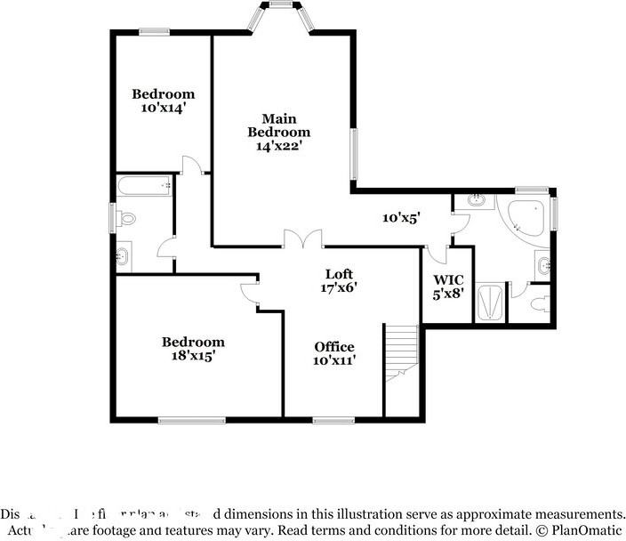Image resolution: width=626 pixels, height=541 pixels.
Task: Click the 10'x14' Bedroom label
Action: pos(163,101)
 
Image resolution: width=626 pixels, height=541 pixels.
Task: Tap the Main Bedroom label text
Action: pos(279,133)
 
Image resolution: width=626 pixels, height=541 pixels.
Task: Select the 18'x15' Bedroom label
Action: pos(192,348)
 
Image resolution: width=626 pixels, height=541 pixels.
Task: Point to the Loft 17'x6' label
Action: pos(339,280)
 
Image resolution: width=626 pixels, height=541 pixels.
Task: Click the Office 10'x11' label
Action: pos(334,353)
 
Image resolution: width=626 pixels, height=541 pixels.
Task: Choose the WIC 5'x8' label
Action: pos(448,286)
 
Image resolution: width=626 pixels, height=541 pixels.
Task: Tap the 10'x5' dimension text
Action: pos(400,217)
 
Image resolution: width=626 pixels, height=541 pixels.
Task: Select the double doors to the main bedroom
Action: pos(302,238)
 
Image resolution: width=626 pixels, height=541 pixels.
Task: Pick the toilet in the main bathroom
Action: pos(538,304)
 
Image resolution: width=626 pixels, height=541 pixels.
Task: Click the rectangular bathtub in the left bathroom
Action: pos(144,186)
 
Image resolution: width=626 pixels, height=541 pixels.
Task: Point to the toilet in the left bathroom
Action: pos(125,217)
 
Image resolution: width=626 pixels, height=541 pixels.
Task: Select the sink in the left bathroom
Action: pos(123,257)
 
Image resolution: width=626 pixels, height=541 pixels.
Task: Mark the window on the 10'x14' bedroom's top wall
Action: pos(154,32)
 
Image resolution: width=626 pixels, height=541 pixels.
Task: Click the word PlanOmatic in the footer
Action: pos(582,529)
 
